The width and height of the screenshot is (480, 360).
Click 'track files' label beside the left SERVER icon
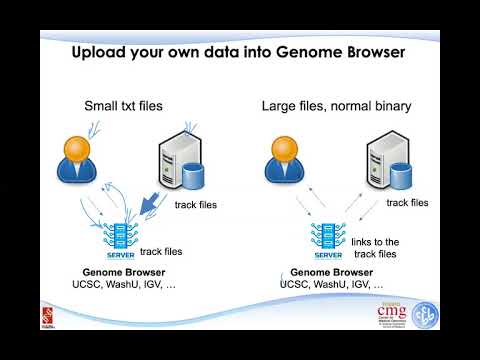(x=161, y=252)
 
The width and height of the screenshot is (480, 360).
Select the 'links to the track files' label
(x=375, y=248)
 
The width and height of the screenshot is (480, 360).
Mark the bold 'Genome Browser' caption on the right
(x=324, y=272)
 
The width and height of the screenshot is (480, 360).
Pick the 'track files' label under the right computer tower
(x=407, y=202)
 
